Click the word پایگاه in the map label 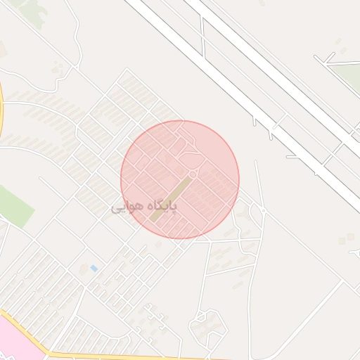click(164, 205)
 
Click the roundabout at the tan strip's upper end click(193, 174)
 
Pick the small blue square click(94, 268)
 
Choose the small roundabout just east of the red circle click(263, 210)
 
